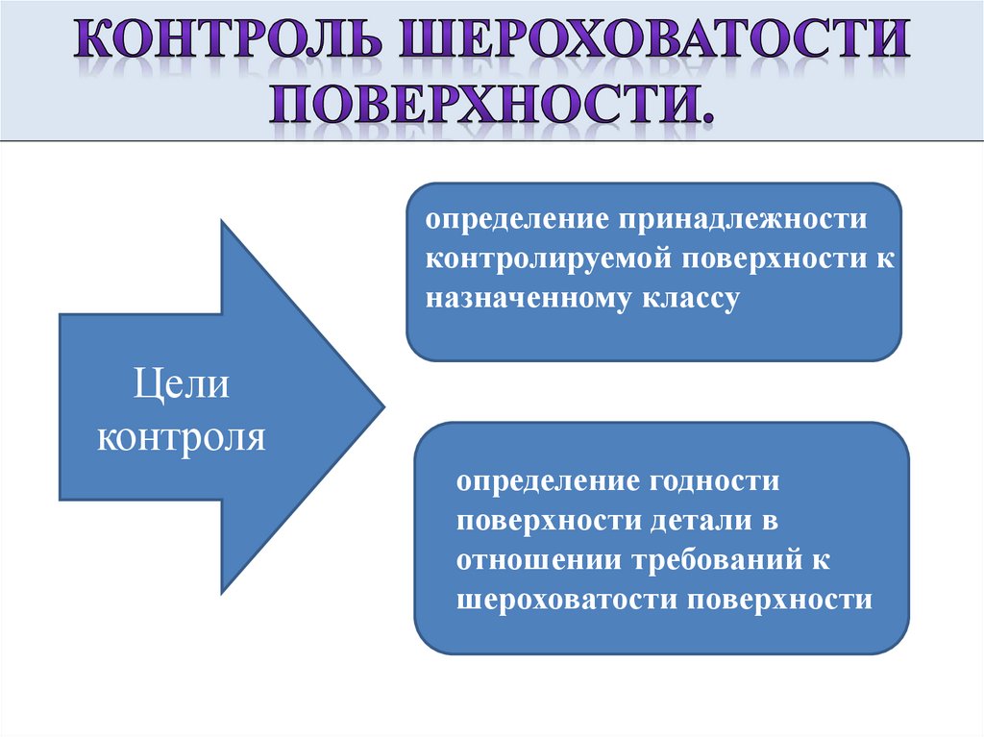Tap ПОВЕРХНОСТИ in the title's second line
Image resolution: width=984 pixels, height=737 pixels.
tap(492, 104)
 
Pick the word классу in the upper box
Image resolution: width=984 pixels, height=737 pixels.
tap(688, 298)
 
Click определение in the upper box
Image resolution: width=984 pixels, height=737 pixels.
tap(515, 219)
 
